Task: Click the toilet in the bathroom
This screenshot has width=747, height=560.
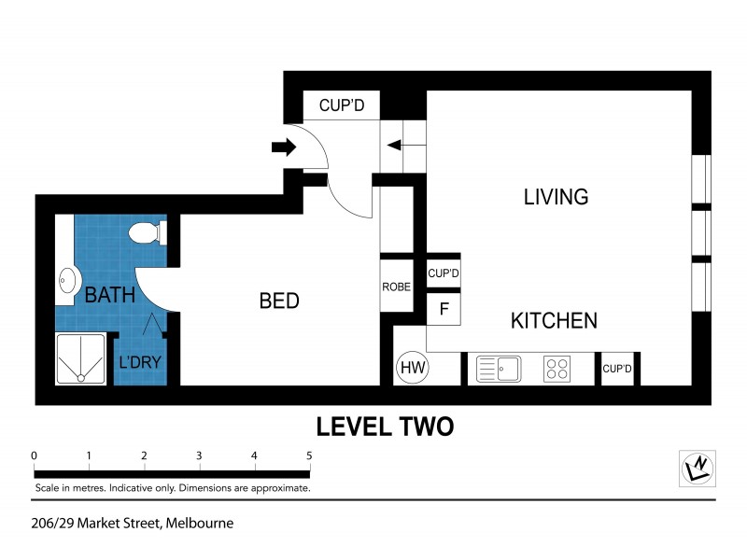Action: click(x=147, y=231)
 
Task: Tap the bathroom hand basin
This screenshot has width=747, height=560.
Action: click(x=67, y=280)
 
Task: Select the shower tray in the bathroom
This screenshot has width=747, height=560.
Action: click(x=82, y=359)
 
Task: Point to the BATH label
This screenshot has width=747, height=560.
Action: click(x=110, y=296)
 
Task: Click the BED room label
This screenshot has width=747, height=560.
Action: click(x=279, y=301)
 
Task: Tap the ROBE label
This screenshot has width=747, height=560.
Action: click(x=396, y=287)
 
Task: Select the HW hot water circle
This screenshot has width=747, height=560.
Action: click(x=412, y=368)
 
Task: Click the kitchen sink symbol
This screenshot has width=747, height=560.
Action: click(x=499, y=369)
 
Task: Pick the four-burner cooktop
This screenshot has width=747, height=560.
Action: click(x=557, y=369)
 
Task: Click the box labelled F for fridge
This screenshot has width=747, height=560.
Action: click(x=444, y=308)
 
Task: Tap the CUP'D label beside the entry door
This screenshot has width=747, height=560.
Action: click(x=341, y=105)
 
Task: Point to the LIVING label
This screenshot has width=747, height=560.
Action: click(x=556, y=197)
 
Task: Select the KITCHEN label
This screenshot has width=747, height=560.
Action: click(x=554, y=321)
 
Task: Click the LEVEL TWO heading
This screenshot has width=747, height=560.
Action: click(x=385, y=427)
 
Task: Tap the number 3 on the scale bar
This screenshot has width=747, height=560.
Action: click(x=199, y=455)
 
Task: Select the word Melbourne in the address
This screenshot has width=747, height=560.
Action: click(x=200, y=523)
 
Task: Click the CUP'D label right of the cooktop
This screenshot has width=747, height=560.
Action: click(x=617, y=369)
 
